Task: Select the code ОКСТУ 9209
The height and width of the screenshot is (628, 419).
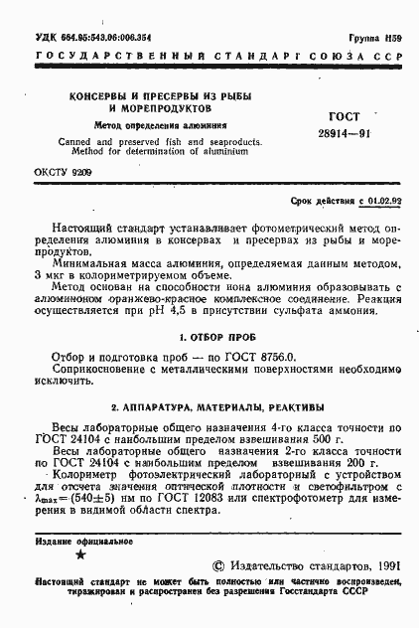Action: tap(64, 173)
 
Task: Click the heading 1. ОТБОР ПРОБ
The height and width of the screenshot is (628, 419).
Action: tap(209, 337)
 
